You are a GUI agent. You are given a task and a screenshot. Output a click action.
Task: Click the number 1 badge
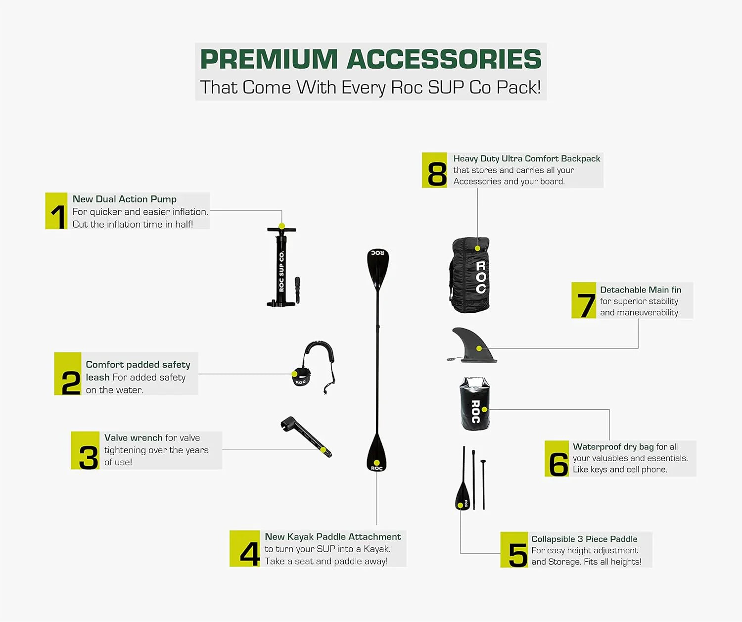pyautogui.click(x=56, y=211)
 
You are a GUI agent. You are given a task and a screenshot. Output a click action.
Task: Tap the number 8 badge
pyautogui.click(x=434, y=170)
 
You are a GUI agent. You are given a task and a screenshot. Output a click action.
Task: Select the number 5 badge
pyautogui.click(x=514, y=550)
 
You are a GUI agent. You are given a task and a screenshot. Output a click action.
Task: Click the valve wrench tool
pyautogui.click(x=305, y=435)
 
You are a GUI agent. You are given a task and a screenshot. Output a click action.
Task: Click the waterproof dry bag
pyautogui.click(x=474, y=404)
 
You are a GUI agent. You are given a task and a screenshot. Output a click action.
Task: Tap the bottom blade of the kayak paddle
pyautogui.click(x=377, y=453)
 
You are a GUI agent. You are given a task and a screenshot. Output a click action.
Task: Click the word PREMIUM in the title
pyautogui.click(x=269, y=59)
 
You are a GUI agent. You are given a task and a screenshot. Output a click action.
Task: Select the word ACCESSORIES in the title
pyautogui.click(x=444, y=59)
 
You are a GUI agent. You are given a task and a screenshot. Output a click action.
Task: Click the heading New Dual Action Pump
pyautogui.click(x=124, y=199)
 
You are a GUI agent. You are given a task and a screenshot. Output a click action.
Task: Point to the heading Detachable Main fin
pyautogui.click(x=640, y=289)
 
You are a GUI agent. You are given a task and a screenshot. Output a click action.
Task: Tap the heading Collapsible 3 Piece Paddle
pyautogui.click(x=584, y=539)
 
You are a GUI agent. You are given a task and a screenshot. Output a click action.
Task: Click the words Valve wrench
pyautogui.click(x=133, y=437)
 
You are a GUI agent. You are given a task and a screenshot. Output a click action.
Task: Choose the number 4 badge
pyautogui.click(x=245, y=549)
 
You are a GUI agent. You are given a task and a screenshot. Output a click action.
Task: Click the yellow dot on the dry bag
pyautogui.click(x=484, y=410)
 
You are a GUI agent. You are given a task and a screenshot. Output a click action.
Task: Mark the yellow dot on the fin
pyautogui.click(x=479, y=348)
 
